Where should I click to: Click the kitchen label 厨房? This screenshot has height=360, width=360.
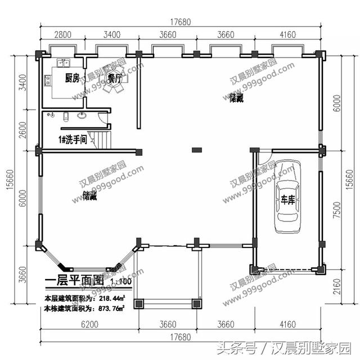(x=71, y=78)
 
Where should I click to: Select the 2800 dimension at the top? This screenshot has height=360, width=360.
(x=62, y=35)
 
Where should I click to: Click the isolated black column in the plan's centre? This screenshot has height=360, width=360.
(x=196, y=150)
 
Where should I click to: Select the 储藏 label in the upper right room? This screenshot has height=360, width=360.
(x=220, y=98)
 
